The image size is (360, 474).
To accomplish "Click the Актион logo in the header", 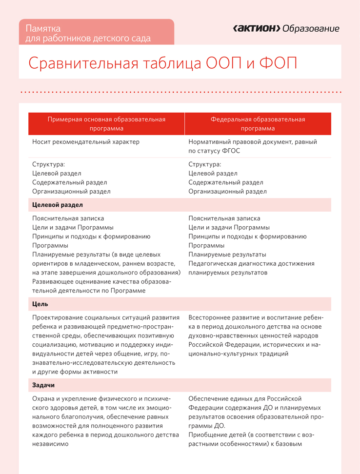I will [256, 29].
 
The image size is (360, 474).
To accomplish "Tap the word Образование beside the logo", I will [311, 29].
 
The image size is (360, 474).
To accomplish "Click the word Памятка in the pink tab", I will [43, 28].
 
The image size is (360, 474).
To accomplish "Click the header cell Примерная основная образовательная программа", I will [106, 124].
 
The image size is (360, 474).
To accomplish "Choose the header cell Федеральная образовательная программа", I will [258, 124].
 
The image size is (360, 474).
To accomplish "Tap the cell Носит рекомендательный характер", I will [86, 142].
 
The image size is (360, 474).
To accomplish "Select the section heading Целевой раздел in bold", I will [58, 205].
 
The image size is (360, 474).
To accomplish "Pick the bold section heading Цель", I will [40, 304].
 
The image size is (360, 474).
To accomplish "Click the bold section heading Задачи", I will [43, 385].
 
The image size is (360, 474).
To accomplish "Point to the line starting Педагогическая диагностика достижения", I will [251, 264].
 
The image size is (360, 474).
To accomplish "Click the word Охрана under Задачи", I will [44, 399].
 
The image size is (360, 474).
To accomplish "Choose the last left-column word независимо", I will [50, 444].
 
